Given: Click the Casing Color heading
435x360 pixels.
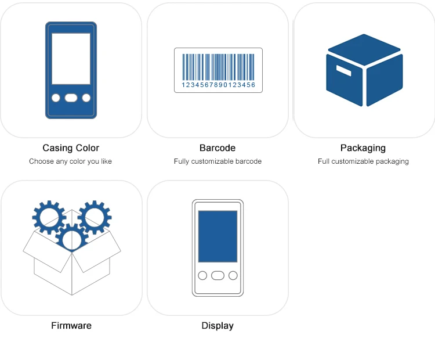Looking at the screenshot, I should [x=71, y=148].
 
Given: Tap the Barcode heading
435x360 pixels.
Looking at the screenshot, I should [x=217, y=148].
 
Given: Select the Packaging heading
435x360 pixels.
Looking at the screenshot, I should [x=363, y=148].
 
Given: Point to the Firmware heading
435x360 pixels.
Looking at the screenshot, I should [x=71, y=326].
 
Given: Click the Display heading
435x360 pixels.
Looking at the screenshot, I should [x=217, y=326].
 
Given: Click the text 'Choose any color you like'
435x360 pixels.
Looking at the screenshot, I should [x=71, y=161].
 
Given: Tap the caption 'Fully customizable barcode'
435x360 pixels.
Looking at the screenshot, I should [x=217, y=161].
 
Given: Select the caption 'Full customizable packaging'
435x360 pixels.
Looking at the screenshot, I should [x=363, y=161].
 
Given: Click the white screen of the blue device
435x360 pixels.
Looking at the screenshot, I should [x=71, y=59].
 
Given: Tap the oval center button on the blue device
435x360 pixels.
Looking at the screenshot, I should [x=71, y=98].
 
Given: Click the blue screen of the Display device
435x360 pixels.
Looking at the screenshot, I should [x=217, y=236].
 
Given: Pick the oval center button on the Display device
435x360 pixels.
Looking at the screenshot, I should [x=217, y=275].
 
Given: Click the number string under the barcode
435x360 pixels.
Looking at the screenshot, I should [x=218, y=85].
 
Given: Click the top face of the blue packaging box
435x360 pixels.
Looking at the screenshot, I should [x=364, y=49].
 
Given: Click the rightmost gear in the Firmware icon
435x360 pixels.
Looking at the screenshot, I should [x=94, y=217].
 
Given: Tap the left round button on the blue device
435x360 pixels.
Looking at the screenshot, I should [x=56, y=98].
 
